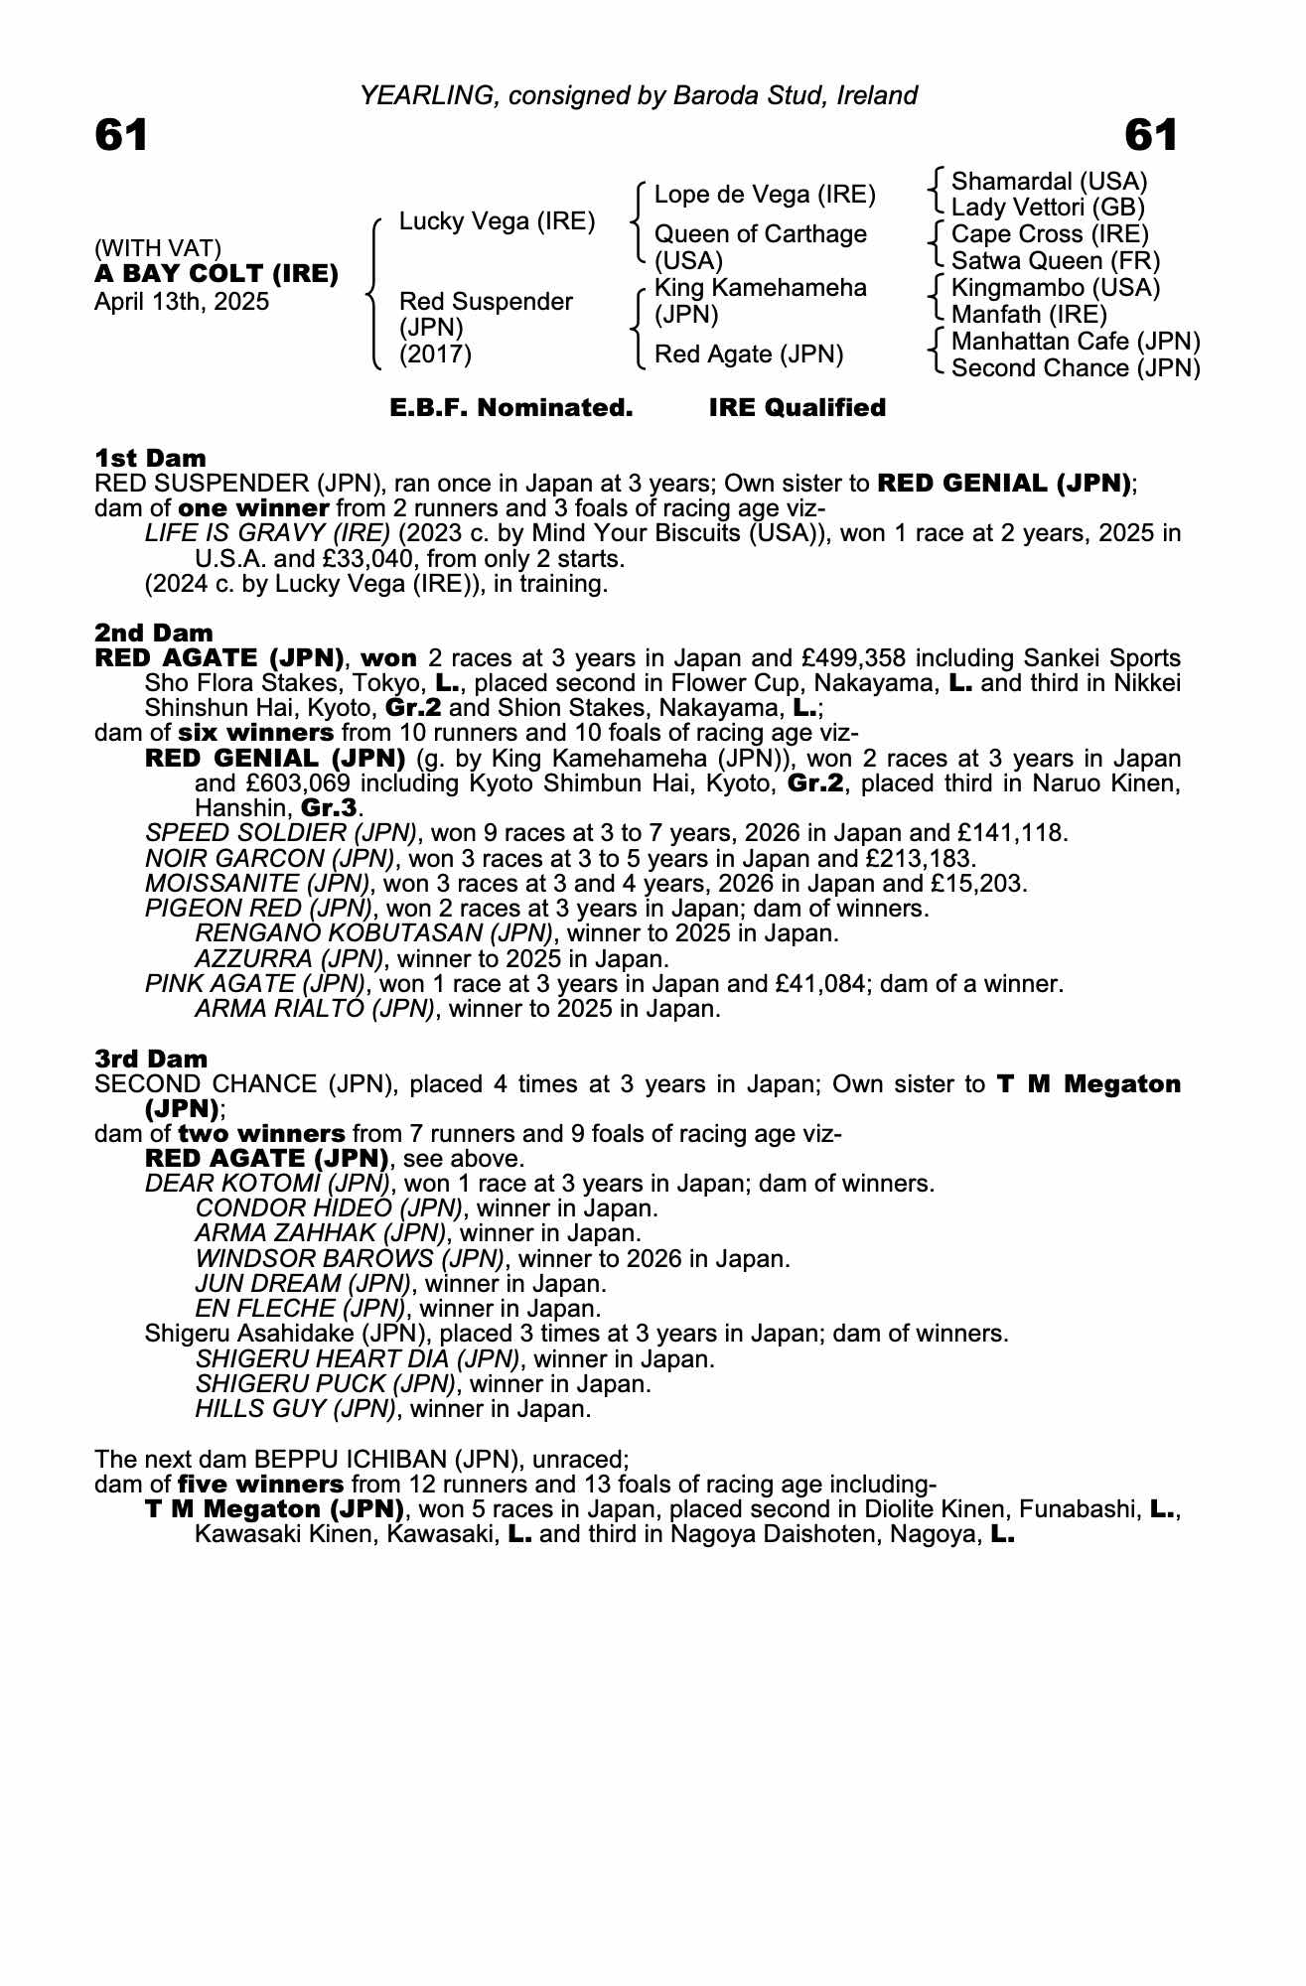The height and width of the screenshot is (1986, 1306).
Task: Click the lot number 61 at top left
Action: point(121,135)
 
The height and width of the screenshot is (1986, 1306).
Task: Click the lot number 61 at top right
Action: point(1151,135)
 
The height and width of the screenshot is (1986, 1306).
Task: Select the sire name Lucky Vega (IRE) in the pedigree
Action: point(497,221)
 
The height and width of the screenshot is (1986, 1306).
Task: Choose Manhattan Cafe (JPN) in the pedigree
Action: point(1076,342)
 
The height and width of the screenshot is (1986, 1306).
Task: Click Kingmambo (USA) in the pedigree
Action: point(1042,288)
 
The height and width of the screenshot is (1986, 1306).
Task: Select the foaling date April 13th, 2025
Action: point(182,302)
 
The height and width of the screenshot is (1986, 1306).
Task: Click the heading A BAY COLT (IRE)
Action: point(217,274)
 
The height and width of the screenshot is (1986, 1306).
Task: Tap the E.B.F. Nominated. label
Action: point(511,408)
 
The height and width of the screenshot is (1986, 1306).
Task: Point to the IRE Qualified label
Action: point(797,408)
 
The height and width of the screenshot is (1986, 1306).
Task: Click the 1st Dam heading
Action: point(150,458)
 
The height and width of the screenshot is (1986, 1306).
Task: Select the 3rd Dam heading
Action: point(151,1059)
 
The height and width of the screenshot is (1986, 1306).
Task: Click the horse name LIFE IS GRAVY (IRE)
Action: point(267,533)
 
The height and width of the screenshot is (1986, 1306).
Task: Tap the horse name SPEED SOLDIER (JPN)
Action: point(281,833)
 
